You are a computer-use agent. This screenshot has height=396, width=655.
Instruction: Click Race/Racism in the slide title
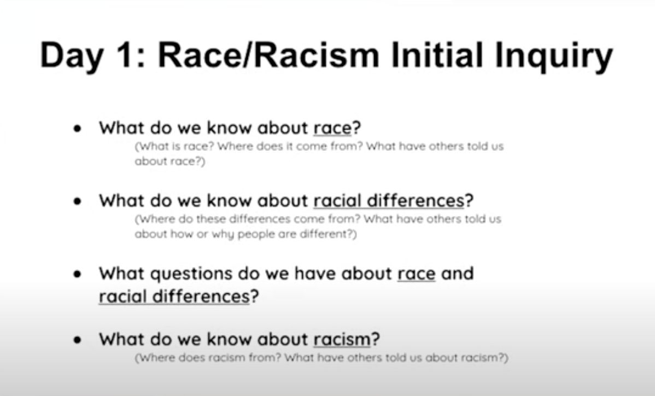click(268, 55)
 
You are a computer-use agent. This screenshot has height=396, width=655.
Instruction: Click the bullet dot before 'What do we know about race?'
click(77, 129)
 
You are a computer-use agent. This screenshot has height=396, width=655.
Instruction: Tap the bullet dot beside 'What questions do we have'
click(77, 275)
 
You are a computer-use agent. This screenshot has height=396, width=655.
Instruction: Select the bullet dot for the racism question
click(77, 340)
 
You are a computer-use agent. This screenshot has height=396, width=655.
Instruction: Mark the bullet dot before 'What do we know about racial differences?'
click(77, 201)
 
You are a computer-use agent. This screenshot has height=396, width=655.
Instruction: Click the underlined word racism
click(342, 339)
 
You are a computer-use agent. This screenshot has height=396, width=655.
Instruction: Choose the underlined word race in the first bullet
click(332, 129)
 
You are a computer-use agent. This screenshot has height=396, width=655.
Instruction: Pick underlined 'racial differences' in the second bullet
click(389, 201)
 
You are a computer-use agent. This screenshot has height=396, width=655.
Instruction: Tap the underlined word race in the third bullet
click(417, 274)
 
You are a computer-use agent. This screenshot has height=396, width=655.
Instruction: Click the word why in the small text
click(223, 235)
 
